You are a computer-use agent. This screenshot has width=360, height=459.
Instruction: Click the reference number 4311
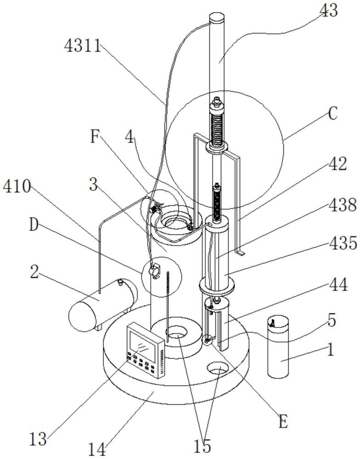pos(83,46)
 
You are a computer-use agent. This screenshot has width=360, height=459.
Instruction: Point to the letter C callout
pos(332,113)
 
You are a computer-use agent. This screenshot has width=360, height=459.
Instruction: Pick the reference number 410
pos(17,186)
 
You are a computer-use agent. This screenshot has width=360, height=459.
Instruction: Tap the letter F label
pos(94,136)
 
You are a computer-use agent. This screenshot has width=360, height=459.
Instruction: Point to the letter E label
pos(283,422)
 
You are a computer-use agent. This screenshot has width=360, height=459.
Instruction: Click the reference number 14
pos(97,449)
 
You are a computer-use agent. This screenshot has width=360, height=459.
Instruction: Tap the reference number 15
pos(202,446)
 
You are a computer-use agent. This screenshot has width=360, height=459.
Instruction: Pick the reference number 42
pos(337,164)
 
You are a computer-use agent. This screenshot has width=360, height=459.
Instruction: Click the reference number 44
pos(338,285)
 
